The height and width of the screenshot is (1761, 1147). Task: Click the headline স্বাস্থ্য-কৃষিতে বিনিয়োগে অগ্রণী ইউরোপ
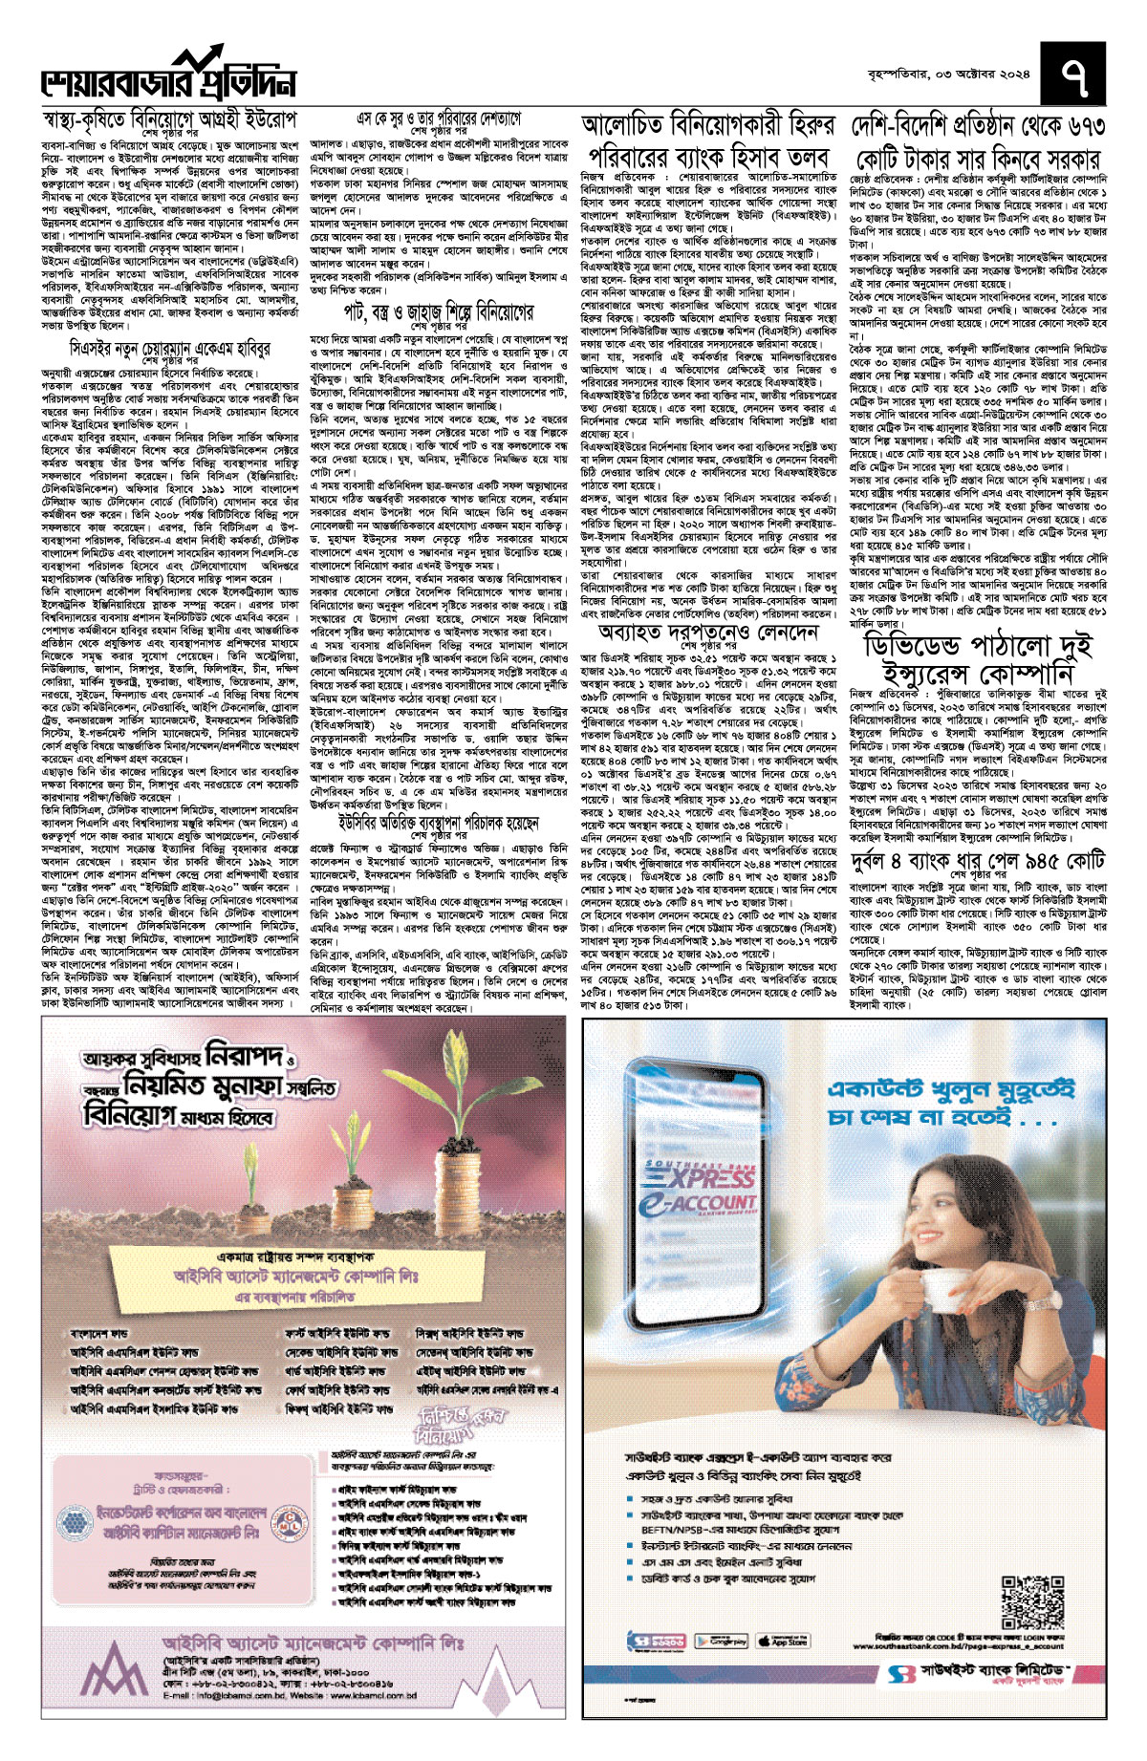[170, 120]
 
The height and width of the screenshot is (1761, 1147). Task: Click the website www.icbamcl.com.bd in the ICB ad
[375, 1695]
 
